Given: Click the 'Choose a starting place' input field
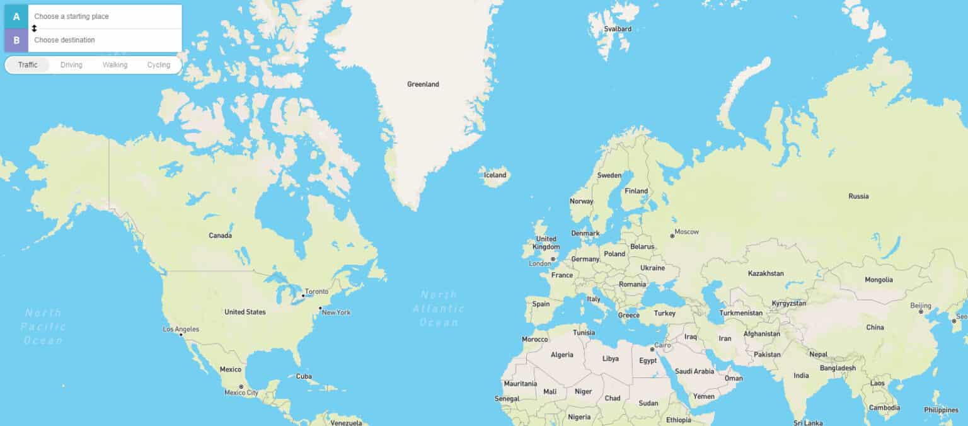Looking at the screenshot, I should (104, 16).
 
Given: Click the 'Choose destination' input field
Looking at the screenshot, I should (104, 40).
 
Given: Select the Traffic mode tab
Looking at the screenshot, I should (28, 65).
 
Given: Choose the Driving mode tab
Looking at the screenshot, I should (71, 65).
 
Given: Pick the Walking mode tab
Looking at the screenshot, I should (115, 65).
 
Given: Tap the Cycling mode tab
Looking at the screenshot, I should (159, 65).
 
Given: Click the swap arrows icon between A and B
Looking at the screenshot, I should (35, 28).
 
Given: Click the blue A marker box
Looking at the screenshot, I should (16, 16).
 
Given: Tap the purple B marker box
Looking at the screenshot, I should (16, 40).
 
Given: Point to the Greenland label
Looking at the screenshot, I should (423, 84).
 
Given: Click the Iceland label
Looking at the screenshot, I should (495, 175).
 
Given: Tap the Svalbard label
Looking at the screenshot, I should (617, 29).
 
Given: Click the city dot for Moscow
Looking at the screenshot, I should (672, 236).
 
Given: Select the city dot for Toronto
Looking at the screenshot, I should (302, 296).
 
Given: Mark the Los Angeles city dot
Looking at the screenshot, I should (181, 335).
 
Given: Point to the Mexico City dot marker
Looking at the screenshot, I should (241, 386).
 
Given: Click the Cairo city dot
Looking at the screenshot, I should (652, 349).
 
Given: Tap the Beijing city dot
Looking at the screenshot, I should (921, 312).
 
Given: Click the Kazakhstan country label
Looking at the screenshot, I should (766, 273).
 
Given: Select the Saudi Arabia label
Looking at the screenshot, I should (695, 371).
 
